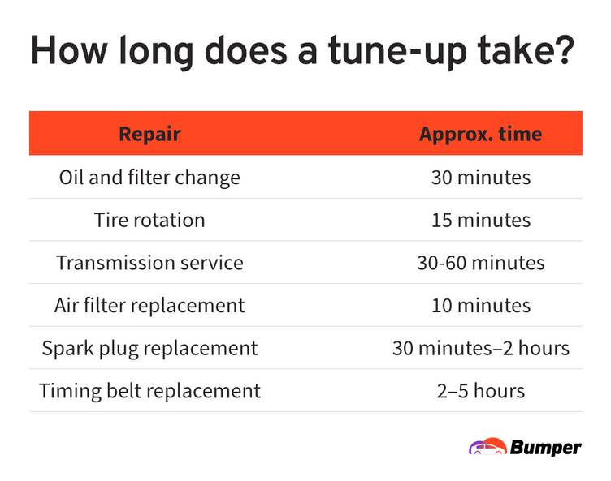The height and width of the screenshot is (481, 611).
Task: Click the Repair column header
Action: [x=149, y=135]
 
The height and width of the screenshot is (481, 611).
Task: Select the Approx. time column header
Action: [x=480, y=135]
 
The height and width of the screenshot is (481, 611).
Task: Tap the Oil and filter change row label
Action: [x=149, y=178]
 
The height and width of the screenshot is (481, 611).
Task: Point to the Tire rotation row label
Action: [x=149, y=221]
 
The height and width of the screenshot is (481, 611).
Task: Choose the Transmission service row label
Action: [x=149, y=263]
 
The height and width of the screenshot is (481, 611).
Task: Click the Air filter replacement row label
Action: [x=149, y=306]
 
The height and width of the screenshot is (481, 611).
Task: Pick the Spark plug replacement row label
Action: [x=149, y=348]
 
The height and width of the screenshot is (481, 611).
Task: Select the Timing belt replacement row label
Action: [x=149, y=391]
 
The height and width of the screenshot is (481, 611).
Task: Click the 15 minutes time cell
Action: [x=481, y=221]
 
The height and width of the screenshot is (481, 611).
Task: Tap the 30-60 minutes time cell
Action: [x=481, y=263]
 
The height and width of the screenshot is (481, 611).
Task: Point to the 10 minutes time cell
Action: [x=481, y=306]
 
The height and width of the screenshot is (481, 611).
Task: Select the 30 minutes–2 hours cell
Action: [x=481, y=348]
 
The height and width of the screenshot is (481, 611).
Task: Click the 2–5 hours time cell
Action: [x=481, y=391]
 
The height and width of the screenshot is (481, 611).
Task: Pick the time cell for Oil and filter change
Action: [x=481, y=178]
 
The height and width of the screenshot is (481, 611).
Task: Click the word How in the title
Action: [x=68, y=49]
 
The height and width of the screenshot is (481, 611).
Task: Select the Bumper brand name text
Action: [x=545, y=448]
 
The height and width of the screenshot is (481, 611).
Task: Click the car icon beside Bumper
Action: [x=487, y=446]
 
